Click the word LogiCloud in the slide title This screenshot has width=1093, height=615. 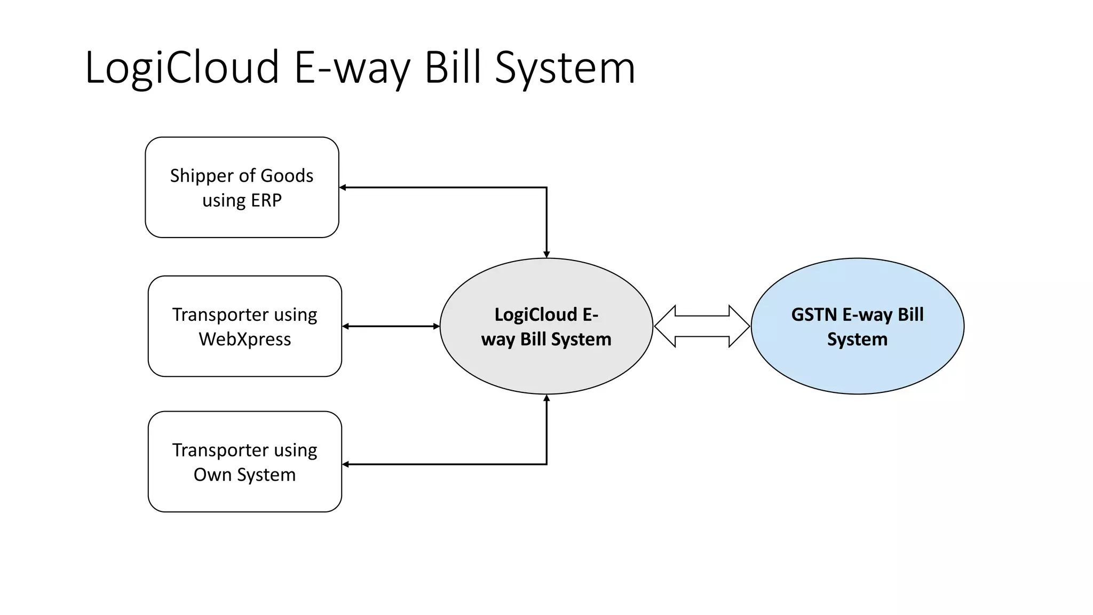click(181, 68)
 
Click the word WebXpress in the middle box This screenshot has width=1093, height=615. click(245, 339)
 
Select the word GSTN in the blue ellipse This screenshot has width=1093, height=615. click(814, 314)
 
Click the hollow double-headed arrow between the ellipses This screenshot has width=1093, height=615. click(702, 326)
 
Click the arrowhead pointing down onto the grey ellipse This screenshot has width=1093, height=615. click(546, 254)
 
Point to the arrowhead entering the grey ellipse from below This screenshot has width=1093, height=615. click(546, 398)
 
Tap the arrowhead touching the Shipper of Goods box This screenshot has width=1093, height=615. click(343, 187)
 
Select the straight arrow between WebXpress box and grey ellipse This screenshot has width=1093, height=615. click(391, 326)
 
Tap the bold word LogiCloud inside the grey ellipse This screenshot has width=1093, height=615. click(535, 314)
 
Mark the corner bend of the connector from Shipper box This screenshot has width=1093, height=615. click(546, 187)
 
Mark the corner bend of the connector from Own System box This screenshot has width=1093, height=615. click(546, 464)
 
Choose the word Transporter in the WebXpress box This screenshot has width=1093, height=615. click(220, 314)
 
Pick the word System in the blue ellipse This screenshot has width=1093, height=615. click(857, 339)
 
